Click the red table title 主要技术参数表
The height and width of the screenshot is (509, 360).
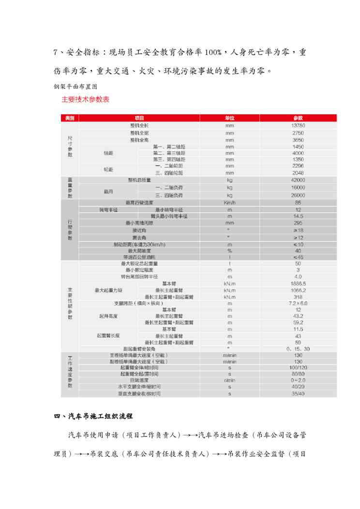click(x=85, y=100)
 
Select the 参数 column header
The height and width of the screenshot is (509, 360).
click(x=298, y=118)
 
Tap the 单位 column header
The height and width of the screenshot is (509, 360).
click(x=229, y=118)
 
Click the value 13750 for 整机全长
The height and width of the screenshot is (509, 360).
click(x=298, y=125)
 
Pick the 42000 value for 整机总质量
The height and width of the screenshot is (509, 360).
click(x=298, y=180)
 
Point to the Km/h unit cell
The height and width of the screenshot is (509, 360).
click(x=229, y=203)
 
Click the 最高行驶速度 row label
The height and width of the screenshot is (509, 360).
click(x=139, y=203)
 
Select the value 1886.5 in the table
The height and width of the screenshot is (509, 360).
click(x=298, y=283)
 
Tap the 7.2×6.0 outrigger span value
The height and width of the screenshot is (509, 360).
click(x=298, y=303)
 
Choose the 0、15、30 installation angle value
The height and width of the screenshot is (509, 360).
click(x=298, y=348)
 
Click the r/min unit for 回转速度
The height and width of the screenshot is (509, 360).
click(x=229, y=381)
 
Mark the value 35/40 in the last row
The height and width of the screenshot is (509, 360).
click(x=298, y=394)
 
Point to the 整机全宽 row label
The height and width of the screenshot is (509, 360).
click(x=139, y=133)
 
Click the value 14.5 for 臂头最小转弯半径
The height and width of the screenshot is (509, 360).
click(x=298, y=216)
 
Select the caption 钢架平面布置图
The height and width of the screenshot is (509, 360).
click(x=76, y=87)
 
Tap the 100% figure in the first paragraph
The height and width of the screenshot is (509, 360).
click(x=212, y=52)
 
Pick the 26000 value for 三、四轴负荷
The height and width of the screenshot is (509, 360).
click(x=298, y=195)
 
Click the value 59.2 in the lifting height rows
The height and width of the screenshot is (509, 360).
click(x=298, y=322)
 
